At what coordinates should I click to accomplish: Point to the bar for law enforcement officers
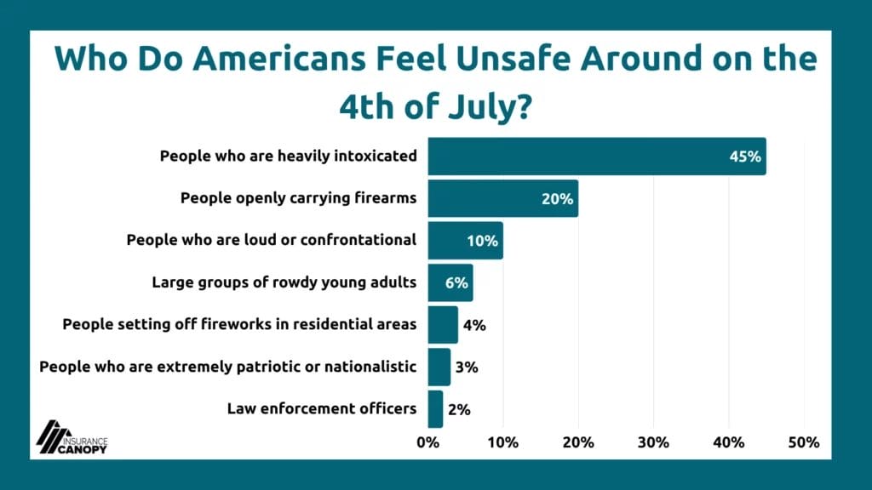tap(435, 408)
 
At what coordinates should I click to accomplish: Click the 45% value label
tap(744, 157)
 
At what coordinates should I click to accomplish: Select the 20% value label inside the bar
tap(557, 199)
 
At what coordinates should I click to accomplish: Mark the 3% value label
tap(467, 367)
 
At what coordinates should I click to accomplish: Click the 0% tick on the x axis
tap(427, 442)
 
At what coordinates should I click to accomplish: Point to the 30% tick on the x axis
tap(653, 442)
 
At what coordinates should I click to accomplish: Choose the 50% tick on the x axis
tap(804, 442)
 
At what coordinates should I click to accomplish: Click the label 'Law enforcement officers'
tap(322, 408)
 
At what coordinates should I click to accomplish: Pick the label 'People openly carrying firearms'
tap(298, 198)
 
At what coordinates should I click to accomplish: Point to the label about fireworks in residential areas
tap(239, 324)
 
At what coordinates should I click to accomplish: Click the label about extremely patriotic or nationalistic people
tap(228, 367)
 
